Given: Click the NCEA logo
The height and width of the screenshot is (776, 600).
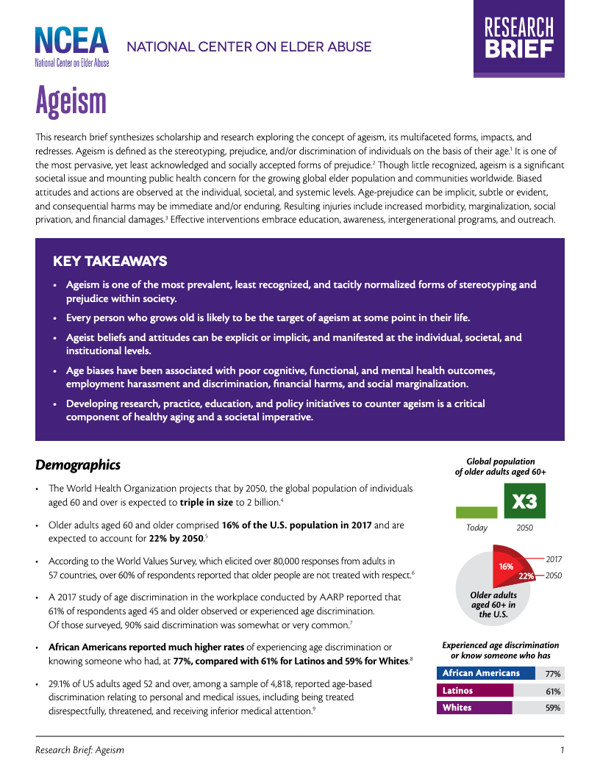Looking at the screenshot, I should (72, 46).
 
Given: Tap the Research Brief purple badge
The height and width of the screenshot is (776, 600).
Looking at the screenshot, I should (518, 38).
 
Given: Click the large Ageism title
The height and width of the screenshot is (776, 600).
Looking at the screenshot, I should (71, 101).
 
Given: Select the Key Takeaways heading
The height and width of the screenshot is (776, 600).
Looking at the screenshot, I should (110, 262).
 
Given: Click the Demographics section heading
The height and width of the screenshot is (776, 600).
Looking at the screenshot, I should (77, 465).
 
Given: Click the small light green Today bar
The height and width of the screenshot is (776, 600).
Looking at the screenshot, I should (476, 512).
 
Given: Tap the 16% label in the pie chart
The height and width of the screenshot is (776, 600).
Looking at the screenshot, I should (506, 567).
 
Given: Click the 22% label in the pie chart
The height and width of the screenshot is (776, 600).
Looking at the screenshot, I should (526, 575).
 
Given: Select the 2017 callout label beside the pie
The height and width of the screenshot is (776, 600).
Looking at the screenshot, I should (554, 559).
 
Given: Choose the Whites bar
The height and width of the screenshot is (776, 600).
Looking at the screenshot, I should (474, 708).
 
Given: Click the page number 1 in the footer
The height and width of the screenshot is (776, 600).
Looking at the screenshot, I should (562, 750).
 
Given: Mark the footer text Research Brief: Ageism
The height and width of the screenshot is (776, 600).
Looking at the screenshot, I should (79, 750).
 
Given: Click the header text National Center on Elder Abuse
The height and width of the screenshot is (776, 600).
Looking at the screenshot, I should (249, 47).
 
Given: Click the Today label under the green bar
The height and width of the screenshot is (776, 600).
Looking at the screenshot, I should (476, 528).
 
